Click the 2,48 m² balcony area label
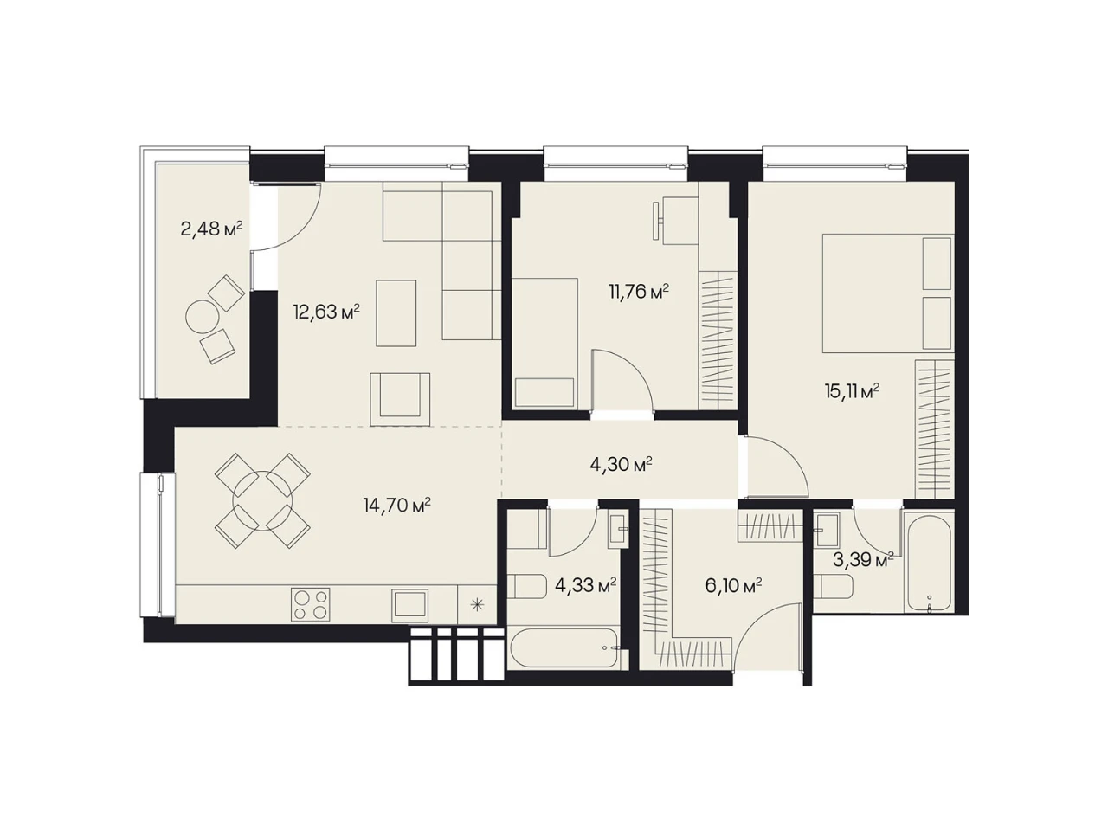211,229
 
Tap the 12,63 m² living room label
326,312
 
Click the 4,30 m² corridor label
621,464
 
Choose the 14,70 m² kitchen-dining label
396,505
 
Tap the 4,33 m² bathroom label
585,586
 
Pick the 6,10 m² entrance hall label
733,586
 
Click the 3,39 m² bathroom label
863,560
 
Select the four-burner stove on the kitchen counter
310,604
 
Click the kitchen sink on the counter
410,605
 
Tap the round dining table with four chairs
262,500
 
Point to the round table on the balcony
203,317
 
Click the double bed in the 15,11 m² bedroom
888,293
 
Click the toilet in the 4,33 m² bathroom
526,586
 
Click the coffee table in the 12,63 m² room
396,313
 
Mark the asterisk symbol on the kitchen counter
477,604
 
